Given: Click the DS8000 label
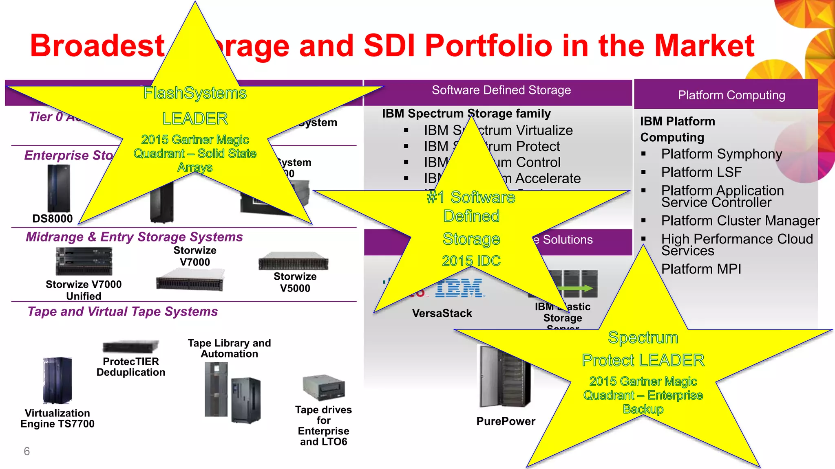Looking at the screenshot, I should pos(52,219).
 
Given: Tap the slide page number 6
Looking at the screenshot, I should pos(27,451).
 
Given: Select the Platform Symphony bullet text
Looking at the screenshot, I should pos(721,154).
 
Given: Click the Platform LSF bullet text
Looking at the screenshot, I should pos(701,172).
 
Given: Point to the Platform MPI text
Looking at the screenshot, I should pos(701,269).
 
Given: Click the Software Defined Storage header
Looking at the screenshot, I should pos(501,90).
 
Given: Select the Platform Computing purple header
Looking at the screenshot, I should pos(731,95).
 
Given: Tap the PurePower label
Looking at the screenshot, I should pos(506,421).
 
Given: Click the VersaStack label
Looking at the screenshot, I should pos(442,313).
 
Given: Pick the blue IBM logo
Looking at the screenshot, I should pos(460,288).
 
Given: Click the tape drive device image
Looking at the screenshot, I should pos(324,387).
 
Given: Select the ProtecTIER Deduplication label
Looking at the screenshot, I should pos(131,367).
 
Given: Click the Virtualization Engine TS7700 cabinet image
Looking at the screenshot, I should pos(57,381).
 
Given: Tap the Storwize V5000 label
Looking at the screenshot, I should pos(295,282).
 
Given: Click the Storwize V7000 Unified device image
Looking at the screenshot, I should pos(84,261).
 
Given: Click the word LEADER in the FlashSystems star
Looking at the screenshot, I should pos(195,118).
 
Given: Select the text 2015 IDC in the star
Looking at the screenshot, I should pos(471,261).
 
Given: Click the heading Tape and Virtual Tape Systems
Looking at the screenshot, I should pos(123,311).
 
